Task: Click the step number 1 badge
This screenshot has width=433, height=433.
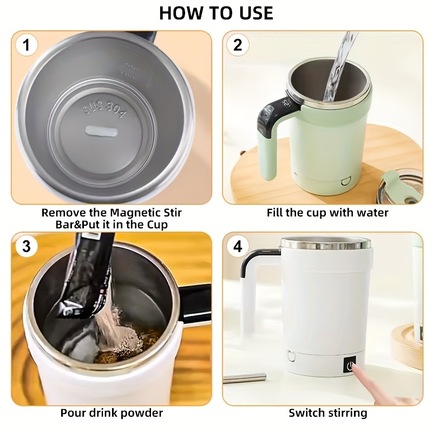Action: pyautogui.click(x=27, y=45)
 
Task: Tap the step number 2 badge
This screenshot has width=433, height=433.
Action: pyautogui.click(x=238, y=45)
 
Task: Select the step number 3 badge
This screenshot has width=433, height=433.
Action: pyautogui.click(x=27, y=246)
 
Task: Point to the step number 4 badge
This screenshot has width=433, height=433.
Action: pyautogui.click(x=238, y=246)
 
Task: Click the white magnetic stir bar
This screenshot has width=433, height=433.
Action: pyautogui.click(x=101, y=130)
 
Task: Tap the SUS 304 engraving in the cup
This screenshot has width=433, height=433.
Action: pyautogui.click(x=105, y=109)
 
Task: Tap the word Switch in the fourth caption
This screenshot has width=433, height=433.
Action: pyautogui.click(x=306, y=413)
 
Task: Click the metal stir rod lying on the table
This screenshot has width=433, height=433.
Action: pyautogui.click(x=245, y=378)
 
